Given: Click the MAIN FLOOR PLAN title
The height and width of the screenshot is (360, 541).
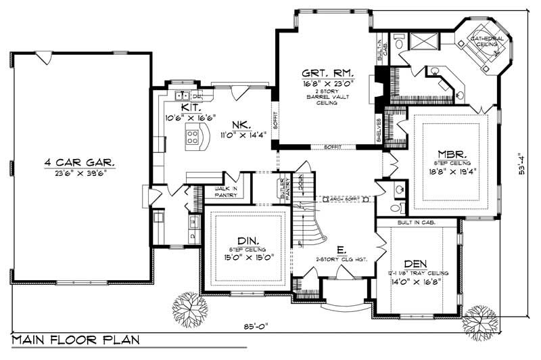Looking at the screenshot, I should point(70,338).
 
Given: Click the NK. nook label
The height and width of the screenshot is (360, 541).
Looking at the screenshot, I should point(241,125).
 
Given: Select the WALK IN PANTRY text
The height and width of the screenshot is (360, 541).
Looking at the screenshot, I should point(225,192).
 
